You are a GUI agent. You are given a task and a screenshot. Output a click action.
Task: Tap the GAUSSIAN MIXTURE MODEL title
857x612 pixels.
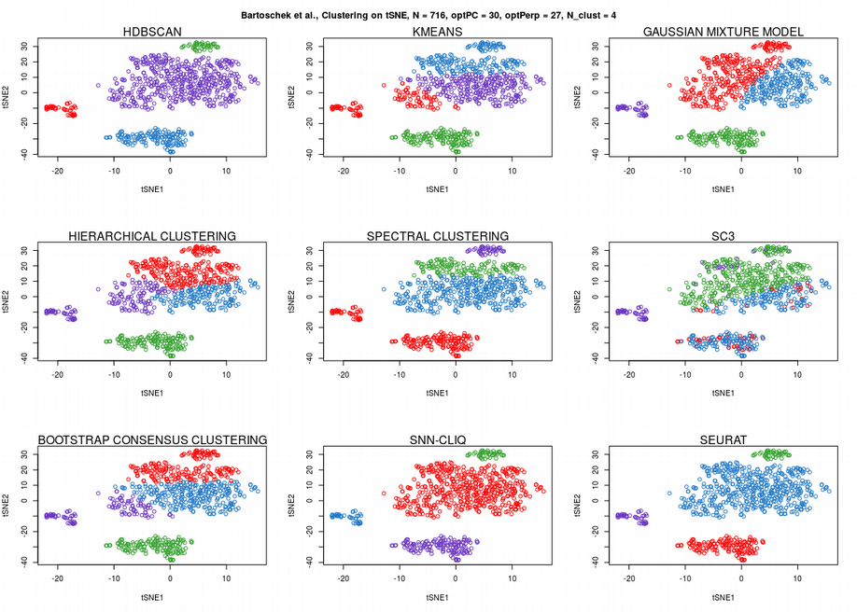click(x=724, y=33)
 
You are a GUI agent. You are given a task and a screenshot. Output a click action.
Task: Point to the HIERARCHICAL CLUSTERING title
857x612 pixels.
click(x=152, y=236)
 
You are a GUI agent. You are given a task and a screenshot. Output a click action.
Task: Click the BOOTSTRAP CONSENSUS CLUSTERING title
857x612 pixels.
click(x=152, y=439)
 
